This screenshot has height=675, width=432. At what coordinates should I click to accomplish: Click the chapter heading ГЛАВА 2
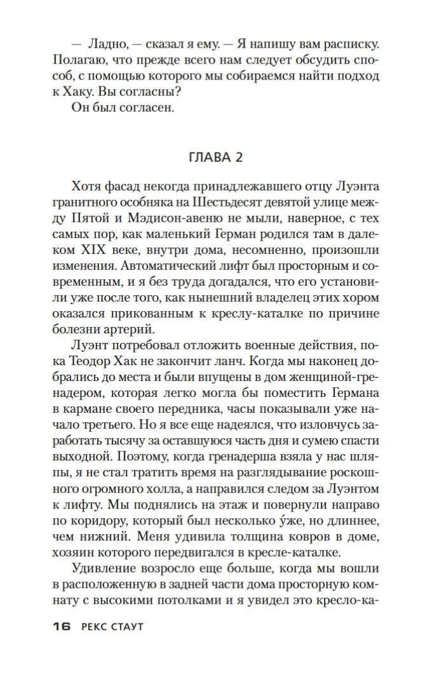point(215,157)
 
